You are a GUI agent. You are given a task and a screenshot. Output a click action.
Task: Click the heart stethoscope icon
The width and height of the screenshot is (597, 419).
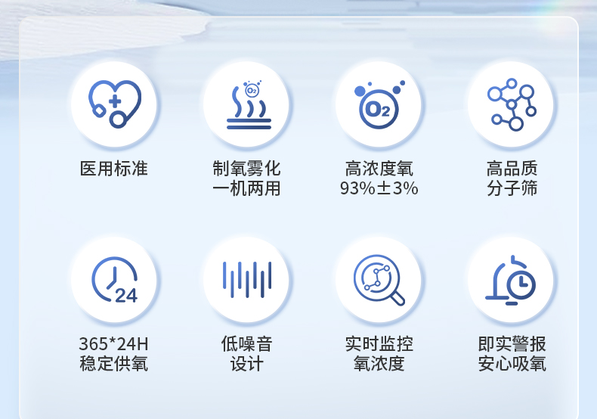114,104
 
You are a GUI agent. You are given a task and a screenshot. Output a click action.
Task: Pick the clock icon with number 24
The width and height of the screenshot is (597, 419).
114,279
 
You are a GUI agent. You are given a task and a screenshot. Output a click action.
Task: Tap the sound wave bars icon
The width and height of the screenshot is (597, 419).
246,279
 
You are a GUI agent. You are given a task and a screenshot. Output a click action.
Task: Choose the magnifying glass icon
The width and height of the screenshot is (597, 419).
379,279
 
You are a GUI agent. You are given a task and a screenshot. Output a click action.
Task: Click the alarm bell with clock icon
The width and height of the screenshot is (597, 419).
512,279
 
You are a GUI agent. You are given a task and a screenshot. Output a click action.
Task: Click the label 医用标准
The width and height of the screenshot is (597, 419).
114,169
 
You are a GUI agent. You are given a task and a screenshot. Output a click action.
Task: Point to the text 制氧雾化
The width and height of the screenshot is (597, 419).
246,169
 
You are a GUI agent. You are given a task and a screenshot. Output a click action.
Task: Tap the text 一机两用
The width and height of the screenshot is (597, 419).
246,188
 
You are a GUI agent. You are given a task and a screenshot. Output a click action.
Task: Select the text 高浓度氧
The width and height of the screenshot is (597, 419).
379,169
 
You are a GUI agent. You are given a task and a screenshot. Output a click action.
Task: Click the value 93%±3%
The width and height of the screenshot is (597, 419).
379,188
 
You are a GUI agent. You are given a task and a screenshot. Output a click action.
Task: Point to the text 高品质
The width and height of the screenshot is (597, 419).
512,169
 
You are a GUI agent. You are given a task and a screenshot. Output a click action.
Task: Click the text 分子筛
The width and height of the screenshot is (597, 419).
512,188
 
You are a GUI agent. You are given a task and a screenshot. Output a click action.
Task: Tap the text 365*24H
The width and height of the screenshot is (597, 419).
114,344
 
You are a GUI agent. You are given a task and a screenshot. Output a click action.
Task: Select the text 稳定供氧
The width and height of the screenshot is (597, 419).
114,364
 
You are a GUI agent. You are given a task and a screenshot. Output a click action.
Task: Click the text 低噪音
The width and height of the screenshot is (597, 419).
246,344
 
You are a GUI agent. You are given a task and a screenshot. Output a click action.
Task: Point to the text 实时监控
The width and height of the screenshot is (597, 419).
379,344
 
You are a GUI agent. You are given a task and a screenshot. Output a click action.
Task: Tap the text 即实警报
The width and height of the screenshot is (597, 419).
512,344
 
